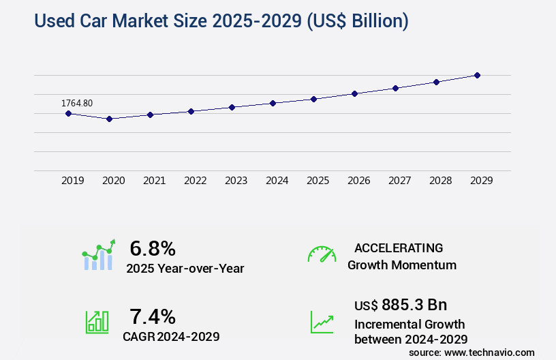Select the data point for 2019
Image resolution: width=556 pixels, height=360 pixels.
pyautogui.click(x=68, y=113)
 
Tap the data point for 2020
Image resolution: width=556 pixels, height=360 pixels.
pyautogui.click(x=109, y=119)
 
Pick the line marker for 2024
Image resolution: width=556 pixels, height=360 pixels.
pyautogui.click(x=273, y=103)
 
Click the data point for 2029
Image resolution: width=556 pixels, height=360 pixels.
pyautogui.click(x=477, y=75)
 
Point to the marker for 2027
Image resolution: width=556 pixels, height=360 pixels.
pyautogui.click(x=395, y=88)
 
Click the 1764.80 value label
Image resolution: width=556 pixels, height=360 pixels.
pyautogui.click(x=77, y=103)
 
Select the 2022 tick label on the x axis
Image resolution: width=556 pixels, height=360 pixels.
pyautogui.click(x=196, y=181)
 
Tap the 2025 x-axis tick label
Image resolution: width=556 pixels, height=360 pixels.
pyautogui.click(x=318, y=181)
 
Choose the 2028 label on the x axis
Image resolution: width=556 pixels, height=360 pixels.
pyautogui.click(x=441, y=181)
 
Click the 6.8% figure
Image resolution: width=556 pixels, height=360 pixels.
pyautogui.click(x=153, y=248)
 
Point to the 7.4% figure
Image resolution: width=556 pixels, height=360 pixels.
pyautogui.click(x=153, y=316)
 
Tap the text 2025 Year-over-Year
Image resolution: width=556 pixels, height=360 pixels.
pyautogui.click(x=185, y=269)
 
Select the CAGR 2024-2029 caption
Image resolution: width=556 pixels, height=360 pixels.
pyautogui.click(x=171, y=337)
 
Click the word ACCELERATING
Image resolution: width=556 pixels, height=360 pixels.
pyautogui.click(x=399, y=247)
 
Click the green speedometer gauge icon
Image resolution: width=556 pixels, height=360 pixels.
pyautogui.click(x=322, y=254)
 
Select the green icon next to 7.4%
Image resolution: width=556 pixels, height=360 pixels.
pyautogui.click(x=97, y=322)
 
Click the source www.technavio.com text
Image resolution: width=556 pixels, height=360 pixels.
pyautogui.click(x=472, y=352)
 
